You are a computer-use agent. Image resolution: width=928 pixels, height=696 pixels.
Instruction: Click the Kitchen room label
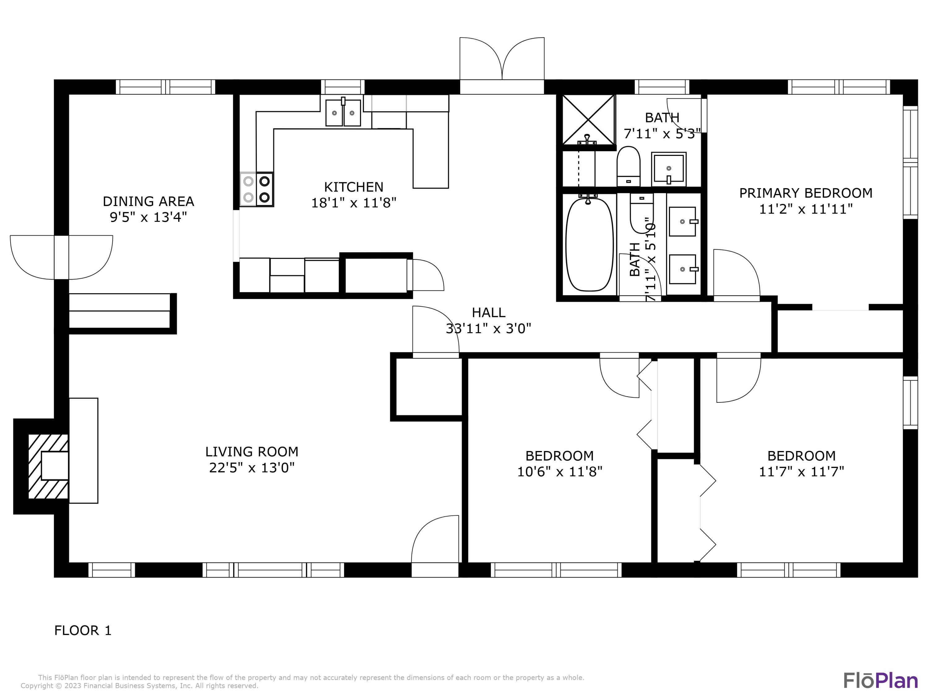[353, 187]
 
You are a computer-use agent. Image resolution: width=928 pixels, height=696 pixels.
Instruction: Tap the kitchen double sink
[343, 113]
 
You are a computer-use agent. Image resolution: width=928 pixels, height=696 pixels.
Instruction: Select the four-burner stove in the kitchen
[257, 189]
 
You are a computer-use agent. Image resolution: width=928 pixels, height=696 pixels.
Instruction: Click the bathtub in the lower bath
[590, 245]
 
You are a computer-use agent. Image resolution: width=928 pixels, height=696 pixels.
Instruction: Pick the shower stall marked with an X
[588, 120]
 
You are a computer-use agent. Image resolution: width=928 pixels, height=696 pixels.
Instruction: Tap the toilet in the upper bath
[628, 166]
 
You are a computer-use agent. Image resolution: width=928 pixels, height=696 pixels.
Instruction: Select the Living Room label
[252, 452]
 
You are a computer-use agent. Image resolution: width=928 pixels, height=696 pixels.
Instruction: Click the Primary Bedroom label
[806, 193]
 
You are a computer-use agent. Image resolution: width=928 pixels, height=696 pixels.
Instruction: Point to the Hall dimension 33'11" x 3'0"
[488, 329]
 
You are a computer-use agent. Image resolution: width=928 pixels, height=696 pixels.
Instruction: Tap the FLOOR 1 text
[83, 630]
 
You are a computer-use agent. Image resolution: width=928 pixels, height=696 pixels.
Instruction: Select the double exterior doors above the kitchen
[502, 63]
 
